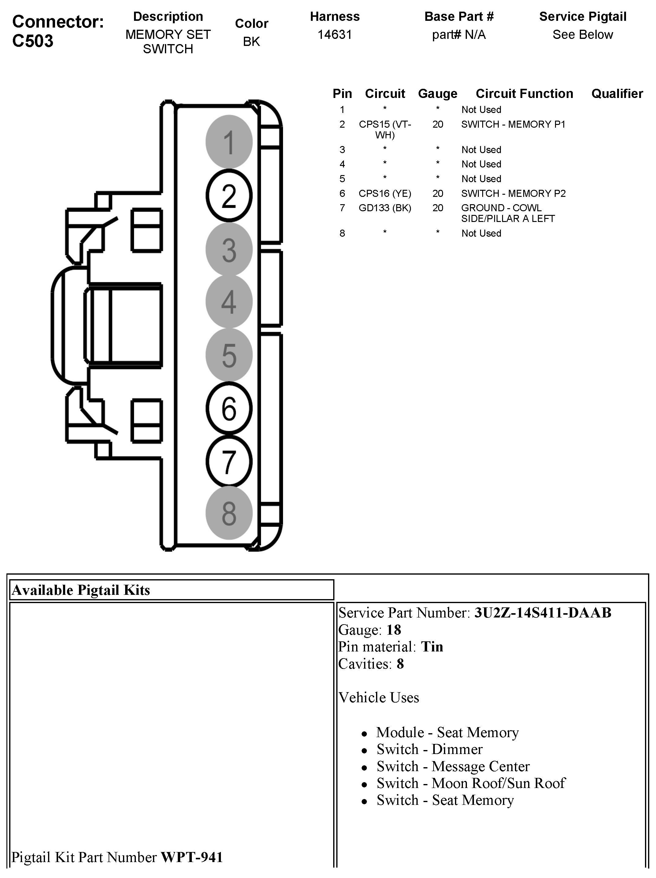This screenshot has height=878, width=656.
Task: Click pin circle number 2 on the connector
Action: pyautogui.click(x=229, y=195)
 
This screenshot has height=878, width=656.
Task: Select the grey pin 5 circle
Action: pyautogui.click(x=229, y=355)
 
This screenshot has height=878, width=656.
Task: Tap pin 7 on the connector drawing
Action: pyautogui.click(x=229, y=461)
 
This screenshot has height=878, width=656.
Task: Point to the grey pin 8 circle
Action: pyautogui.click(x=229, y=513)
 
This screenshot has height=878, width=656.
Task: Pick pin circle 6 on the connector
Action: pyautogui.click(x=229, y=408)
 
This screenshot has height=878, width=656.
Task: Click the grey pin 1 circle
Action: pyautogui.click(x=229, y=142)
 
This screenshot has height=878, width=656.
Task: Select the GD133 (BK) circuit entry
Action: pyautogui.click(x=385, y=208)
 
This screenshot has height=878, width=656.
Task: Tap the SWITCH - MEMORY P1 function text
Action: pyautogui.click(x=513, y=124)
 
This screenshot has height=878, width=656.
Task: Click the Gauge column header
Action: pyautogui.click(x=438, y=94)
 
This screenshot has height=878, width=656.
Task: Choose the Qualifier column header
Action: pyautogui.click(x=617, y=94)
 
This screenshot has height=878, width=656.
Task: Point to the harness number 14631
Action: pyautogui.click(x=335, y=35)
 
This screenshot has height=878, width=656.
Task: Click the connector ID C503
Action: pyautogui.click(x=33, y=41)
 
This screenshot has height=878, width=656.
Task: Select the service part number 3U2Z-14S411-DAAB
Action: pyautogui.click(x=542, y=613)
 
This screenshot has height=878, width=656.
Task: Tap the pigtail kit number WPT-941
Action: pyautogui.click(x=192, y=857)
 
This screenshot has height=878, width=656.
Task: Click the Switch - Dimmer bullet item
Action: pyautogui.click(x=429, y=749)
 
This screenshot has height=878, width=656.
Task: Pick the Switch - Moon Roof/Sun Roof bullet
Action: pyautogui.click(x=471, y=783)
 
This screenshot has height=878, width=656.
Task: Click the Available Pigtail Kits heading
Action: pyautogui.click(x=81, y=590)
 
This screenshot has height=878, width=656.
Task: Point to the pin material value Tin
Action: pyautogui.click(x=432, y=647)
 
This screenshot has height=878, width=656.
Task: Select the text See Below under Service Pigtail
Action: pyautogui.click(x=583, y=35)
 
